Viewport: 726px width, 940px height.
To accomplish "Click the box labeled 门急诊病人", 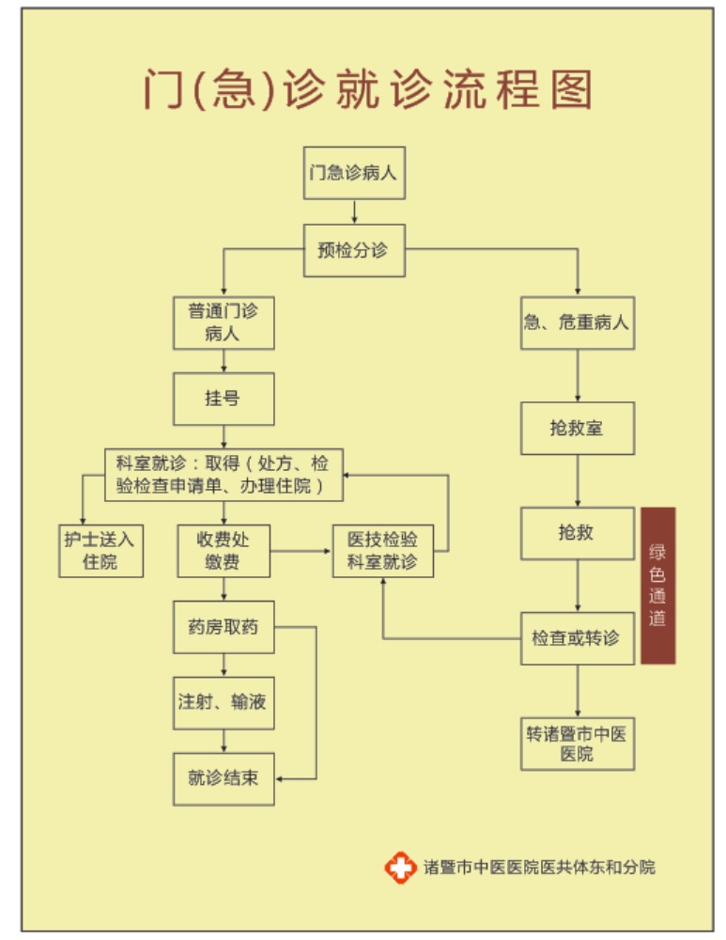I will pos(354,173).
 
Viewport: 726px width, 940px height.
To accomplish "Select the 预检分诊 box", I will pos(354,250).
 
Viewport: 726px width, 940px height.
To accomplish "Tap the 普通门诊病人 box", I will pos(224,322).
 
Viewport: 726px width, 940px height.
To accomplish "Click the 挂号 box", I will pos(224,399).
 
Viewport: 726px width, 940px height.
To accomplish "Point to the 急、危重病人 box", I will pos(577,322).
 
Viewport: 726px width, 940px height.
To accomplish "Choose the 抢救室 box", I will pos(577,428).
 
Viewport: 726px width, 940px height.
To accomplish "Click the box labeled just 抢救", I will pos(577,533).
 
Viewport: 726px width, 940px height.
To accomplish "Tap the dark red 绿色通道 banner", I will pos(657,585).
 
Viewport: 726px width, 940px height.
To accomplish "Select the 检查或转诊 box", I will pos(577,638).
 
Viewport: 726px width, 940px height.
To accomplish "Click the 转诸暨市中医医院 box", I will pos(577,744).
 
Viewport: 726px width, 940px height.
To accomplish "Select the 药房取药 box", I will pos(224,627).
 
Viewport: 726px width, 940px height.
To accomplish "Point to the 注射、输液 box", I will pos(224,702).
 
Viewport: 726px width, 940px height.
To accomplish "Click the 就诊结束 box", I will pos(224,778).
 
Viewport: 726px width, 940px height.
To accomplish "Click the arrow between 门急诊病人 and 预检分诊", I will pos(354,211).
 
